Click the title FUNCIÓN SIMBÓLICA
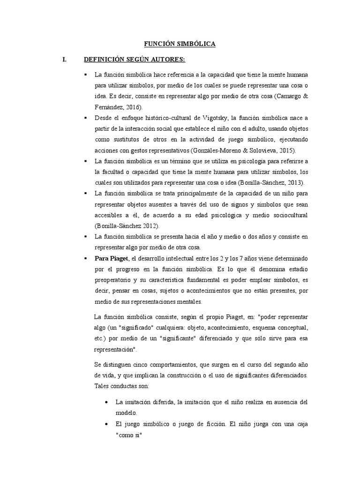click(180, 44)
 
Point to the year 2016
click(133, 107)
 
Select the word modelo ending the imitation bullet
click(126, 413)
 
